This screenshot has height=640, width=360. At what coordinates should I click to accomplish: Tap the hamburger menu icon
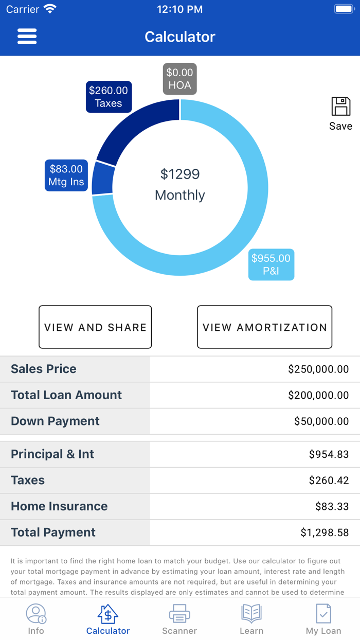[x=27, y=37]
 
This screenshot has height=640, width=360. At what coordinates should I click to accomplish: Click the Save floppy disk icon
[x=340, y=107]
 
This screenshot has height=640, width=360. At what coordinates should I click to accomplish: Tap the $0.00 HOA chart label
[x=179, y=79]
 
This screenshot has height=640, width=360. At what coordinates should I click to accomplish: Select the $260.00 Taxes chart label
[x=109, y=97]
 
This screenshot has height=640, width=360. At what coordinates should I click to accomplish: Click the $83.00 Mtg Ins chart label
[x=66, y=175]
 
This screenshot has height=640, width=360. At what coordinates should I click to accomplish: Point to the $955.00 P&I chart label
[x=271, y=264]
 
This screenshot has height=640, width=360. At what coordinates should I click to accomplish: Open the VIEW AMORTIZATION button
[x=264, y=327]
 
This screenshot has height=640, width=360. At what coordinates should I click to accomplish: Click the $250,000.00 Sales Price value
[x=318, y=369]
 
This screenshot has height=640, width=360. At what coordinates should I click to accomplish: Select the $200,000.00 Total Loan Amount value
[x=318, y=395]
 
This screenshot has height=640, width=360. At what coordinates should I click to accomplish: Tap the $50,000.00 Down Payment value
[x=321, y=421]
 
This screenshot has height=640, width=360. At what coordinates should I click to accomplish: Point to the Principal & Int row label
[x=52, y=454]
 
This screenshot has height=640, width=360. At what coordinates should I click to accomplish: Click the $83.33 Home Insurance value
[x=332, y=507]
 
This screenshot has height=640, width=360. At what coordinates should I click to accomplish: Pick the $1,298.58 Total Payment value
[x=325, y=533]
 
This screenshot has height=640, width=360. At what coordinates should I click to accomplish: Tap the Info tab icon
[x=36, y=614]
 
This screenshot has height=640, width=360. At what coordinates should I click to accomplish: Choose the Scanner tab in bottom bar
[x=179, y=619]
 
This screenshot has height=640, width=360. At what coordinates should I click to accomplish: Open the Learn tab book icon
[x=251, y=614]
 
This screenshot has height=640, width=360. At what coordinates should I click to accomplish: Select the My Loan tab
[x=323, y=619]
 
